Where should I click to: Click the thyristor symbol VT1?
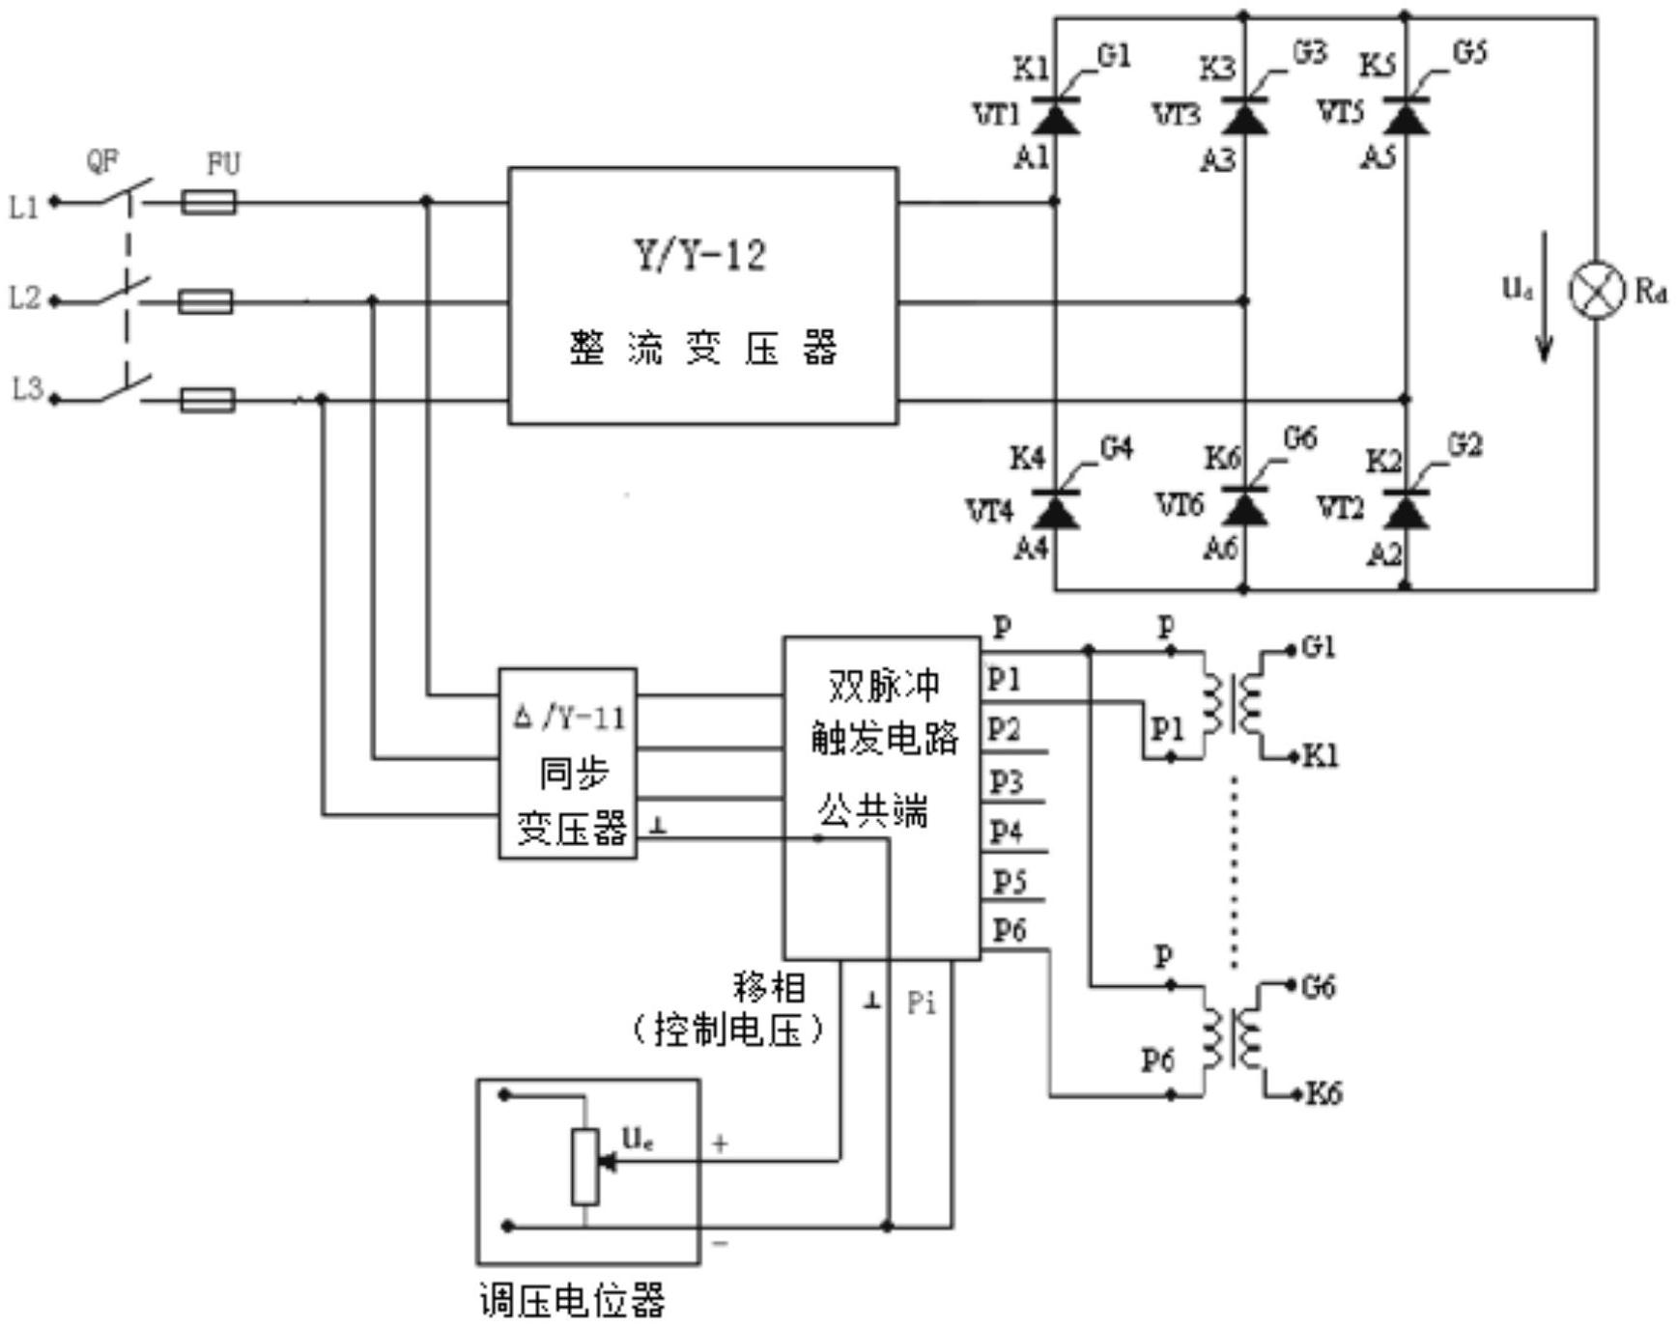[x=1055, y=116]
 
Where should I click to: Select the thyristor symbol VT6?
[x=1244, y=506]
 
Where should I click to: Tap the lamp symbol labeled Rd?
[x=1596, y=289]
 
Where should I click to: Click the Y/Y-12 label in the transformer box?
[x=700, y=255]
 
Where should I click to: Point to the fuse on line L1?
[x=209, y=202]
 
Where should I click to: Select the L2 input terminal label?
[x=26, y=298]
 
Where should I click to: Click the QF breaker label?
[x=102, y=161]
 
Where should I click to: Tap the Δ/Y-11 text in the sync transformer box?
[x=569, y=718]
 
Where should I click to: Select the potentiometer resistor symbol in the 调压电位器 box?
[x=584, y=1166]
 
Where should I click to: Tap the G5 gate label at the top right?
[x=1470, y=52]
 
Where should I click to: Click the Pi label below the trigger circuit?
[x=922, y=1003]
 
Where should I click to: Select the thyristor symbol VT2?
[x=1406, y=508]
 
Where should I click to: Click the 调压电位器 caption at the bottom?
[x=573, y=1300]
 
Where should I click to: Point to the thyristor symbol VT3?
[x=1244, y=116]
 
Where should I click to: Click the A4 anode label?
[x=1031, y=549]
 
